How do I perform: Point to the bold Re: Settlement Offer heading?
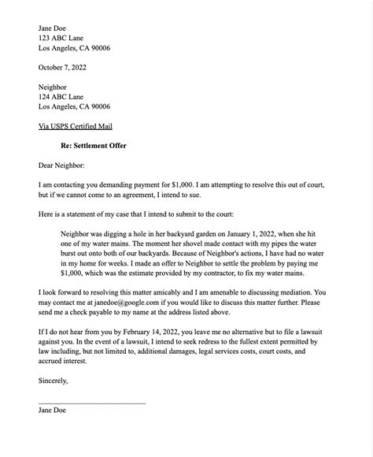[x=93, y=145]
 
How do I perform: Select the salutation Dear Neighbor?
[x=67, y=165]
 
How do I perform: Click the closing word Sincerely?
[x=54, y=381]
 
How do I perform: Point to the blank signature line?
[x=92, y=403]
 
